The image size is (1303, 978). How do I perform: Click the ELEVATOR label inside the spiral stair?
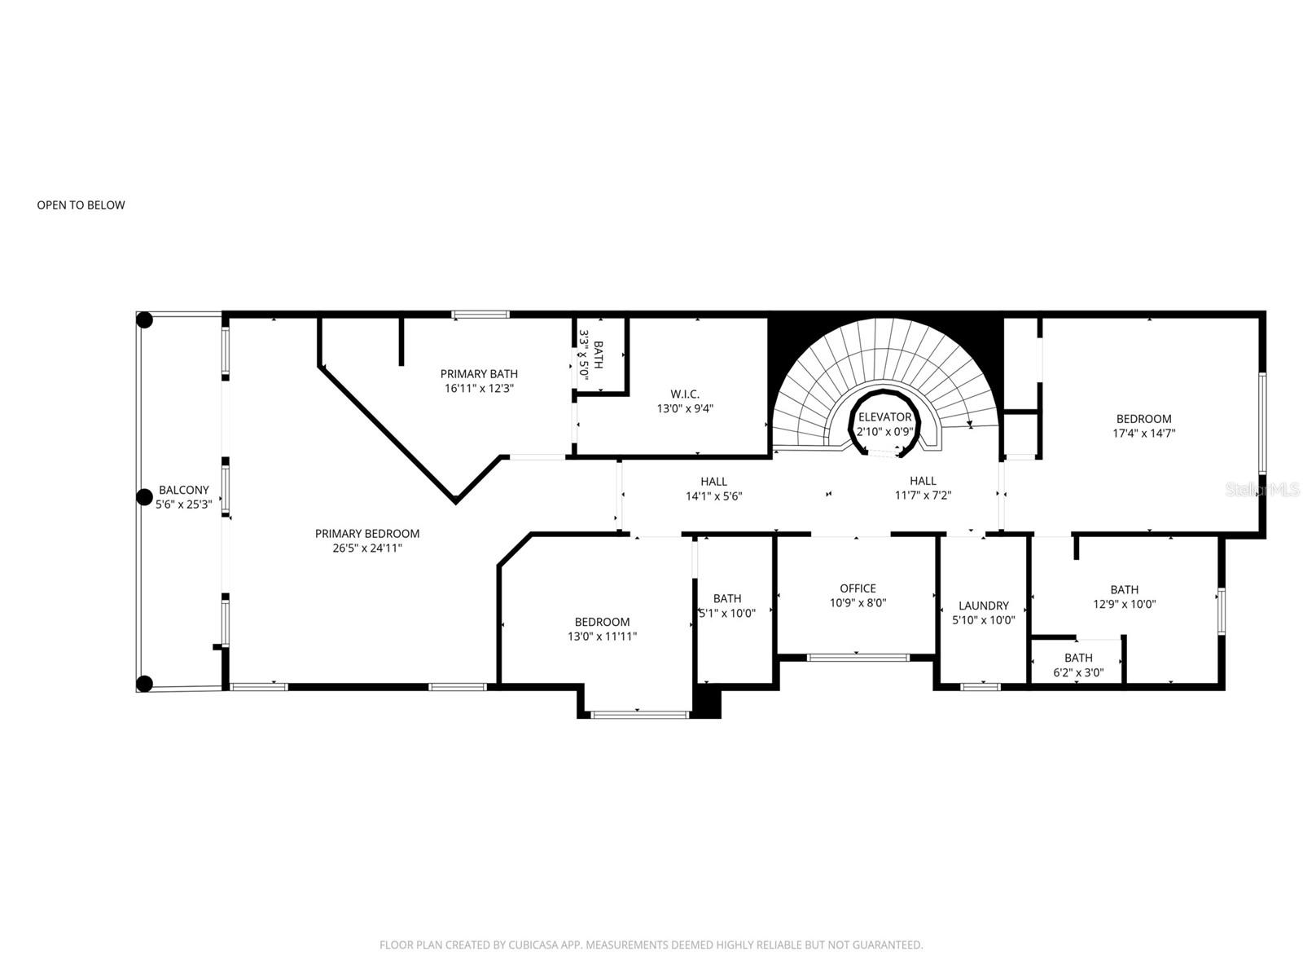click(884, 417)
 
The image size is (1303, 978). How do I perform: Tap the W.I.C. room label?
click(685, 394)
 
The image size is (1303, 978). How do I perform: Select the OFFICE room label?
click(858, 588)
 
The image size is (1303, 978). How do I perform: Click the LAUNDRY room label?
click(983, 606)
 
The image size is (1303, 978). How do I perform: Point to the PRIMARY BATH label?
click(479, 374)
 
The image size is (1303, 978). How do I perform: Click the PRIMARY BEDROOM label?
click(367, 534)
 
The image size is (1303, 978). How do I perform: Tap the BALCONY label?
click(183, 490)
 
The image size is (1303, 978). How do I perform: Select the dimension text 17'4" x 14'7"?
click(1143, 434)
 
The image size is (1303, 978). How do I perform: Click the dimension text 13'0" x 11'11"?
click(602, 637)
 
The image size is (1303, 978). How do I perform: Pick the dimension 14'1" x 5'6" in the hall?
click(713, 496)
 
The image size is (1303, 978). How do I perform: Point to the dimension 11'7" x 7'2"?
click(923, 496)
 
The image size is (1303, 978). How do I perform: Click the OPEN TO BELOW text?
click(81, 205)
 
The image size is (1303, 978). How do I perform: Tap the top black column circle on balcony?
click(144, 320)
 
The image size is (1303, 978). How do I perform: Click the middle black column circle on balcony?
click(144, 496)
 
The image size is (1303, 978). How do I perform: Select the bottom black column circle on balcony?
click(144, 684)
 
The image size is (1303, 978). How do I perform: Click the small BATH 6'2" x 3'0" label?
click(1078, 658)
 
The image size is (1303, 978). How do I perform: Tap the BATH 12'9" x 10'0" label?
click(1124, 590)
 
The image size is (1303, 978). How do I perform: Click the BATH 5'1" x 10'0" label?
click(727, 598)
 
